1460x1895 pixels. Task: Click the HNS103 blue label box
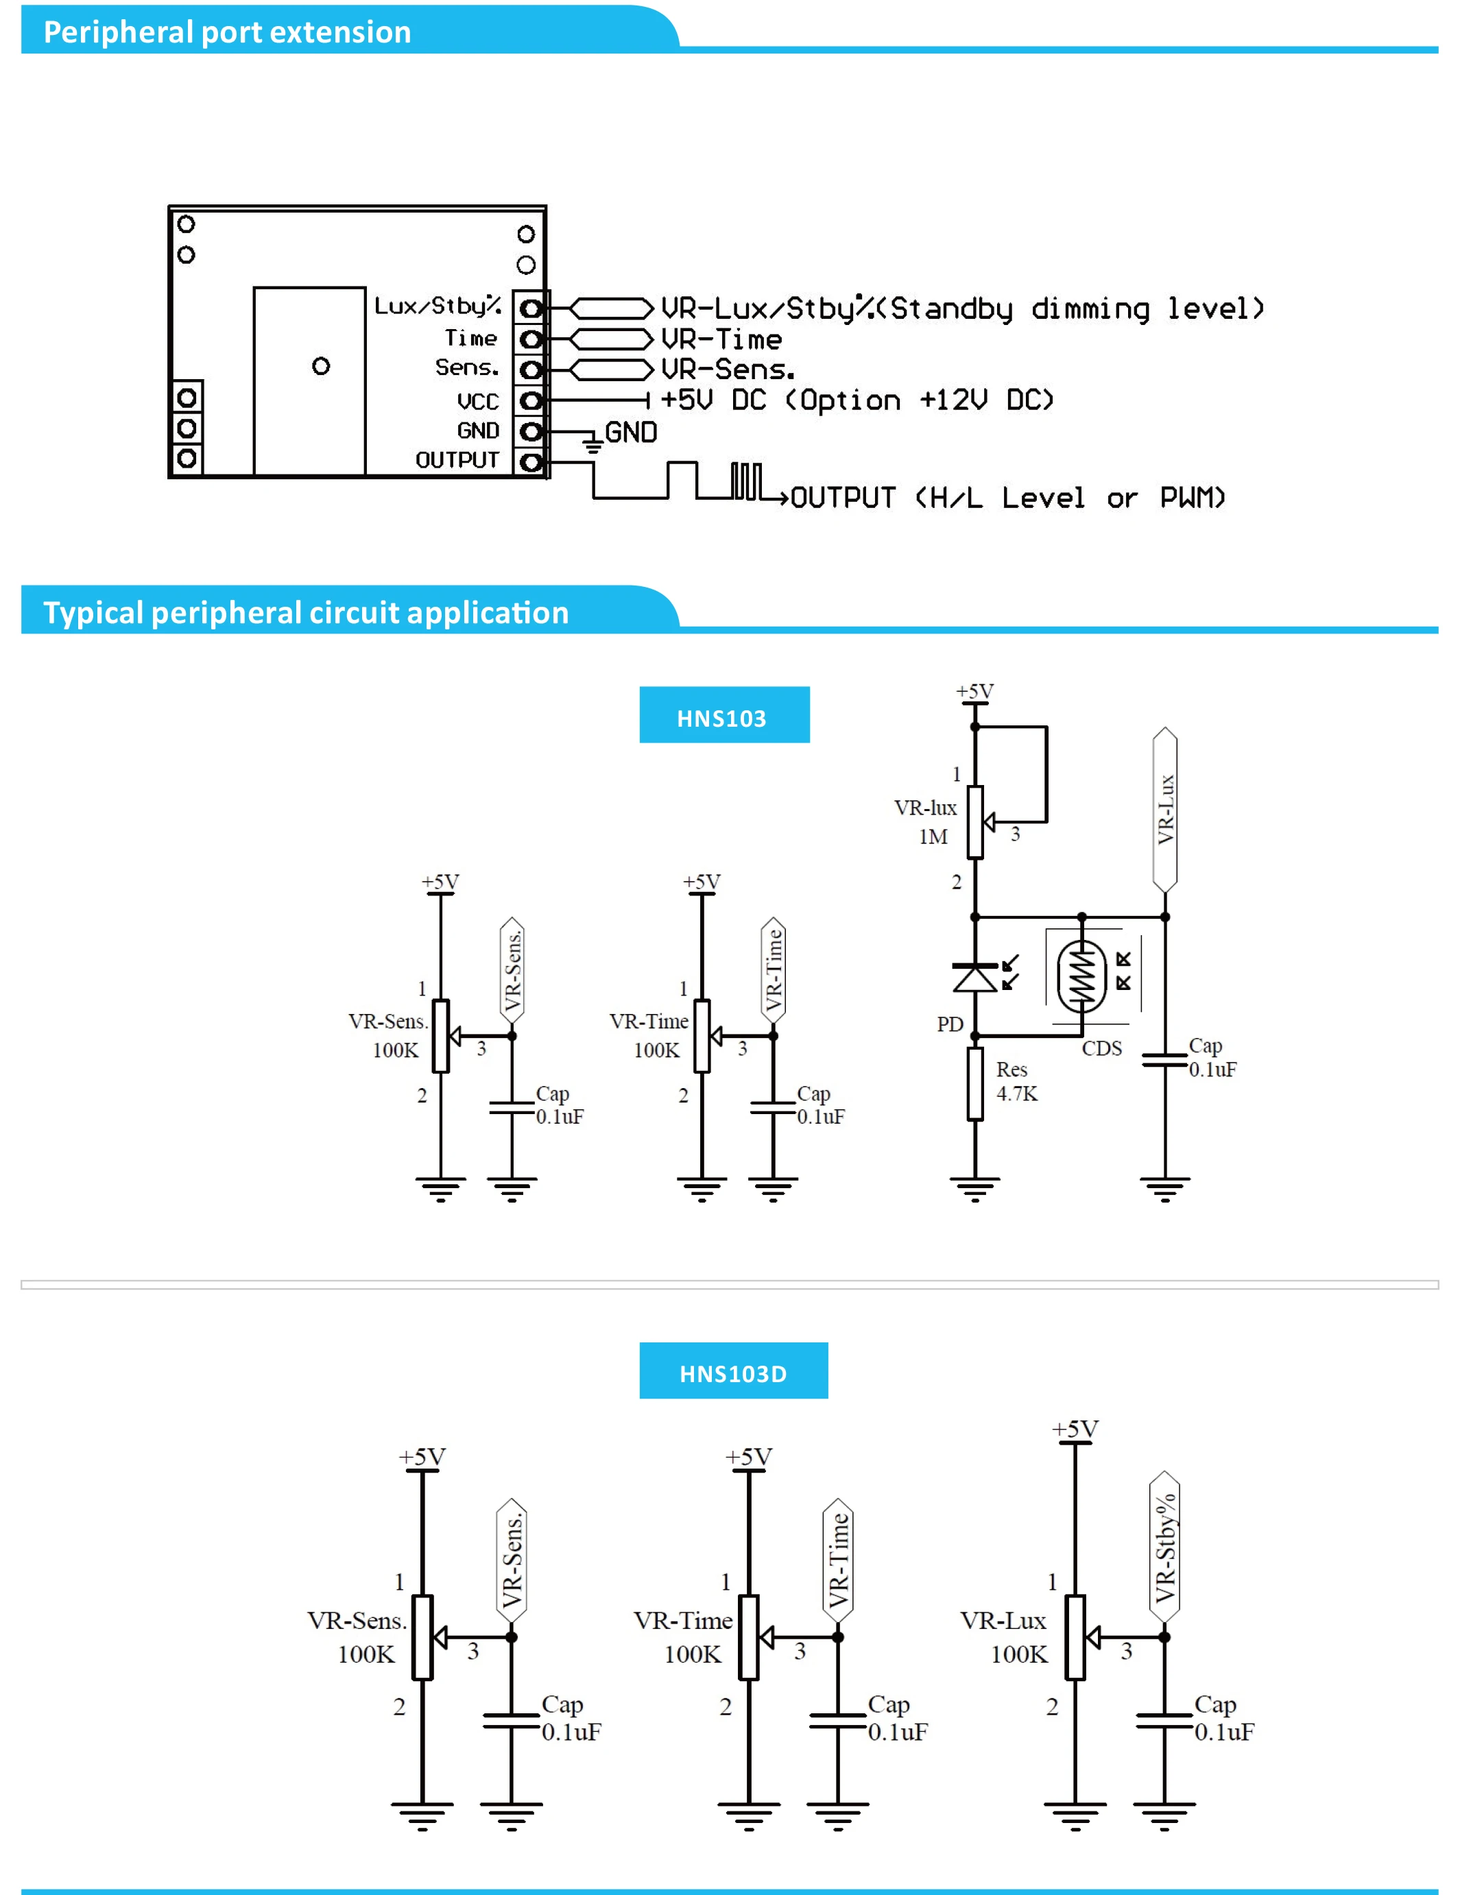(724, 715)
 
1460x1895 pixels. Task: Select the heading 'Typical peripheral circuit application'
(306, 612)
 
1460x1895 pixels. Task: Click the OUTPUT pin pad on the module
(530, 461)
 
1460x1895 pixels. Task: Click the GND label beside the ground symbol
(630, 432)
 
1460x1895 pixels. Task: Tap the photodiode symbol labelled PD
(974, 977)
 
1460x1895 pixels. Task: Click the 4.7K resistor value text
(1016, 1094)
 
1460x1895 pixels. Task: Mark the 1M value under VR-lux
(933, 836)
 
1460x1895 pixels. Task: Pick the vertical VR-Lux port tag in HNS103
(1165, 810)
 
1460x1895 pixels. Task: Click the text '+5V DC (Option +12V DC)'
(857, 400)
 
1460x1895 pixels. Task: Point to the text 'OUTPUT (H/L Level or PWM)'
(1008, 498)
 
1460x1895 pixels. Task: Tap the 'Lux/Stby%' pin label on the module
(438, 305)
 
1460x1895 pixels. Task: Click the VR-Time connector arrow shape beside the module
(611, 339)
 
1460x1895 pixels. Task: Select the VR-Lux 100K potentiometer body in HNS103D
(1075, 1637)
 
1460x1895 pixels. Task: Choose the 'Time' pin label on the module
(471, 337)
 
